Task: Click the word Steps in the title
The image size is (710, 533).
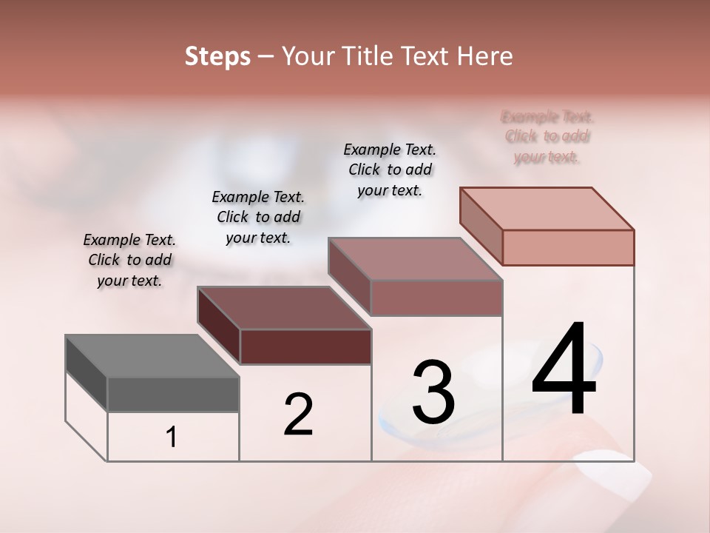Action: [217, 56]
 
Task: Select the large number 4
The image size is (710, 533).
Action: [564, 370]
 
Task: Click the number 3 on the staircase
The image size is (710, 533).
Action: [433, 392]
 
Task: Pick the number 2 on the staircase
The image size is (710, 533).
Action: [299, 415]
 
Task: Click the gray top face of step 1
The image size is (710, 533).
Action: [152, 356]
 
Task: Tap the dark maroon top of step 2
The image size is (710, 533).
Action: [284, 308]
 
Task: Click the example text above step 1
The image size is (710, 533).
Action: [129, 261]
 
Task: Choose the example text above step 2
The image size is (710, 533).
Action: [258, 218]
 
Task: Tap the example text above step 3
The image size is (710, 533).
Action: [390, 170]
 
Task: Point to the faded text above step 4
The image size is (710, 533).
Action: [547, 137]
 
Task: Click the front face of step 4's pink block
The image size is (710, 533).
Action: [568, 247]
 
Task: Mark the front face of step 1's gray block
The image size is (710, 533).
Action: [173, 395]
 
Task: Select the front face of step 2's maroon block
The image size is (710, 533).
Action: [305, 346]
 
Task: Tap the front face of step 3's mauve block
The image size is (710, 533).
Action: [436, 298]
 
